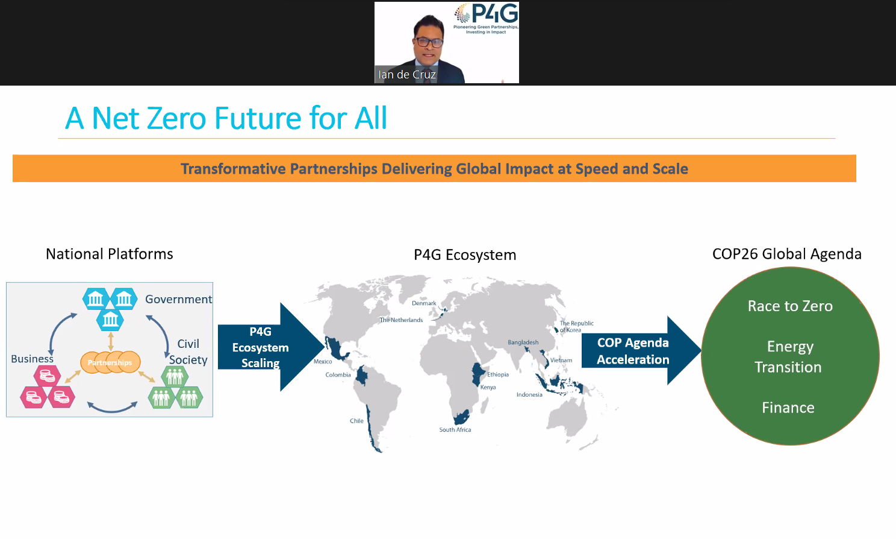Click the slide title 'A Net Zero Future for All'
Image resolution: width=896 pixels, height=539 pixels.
pos(226,118)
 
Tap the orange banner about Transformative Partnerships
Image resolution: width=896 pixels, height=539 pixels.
pos(434,169)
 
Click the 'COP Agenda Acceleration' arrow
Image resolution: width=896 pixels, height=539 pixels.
pos(633,351)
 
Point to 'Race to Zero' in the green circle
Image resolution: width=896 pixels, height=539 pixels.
pos(790,306)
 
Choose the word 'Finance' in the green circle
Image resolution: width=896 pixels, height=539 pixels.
pos(788,408)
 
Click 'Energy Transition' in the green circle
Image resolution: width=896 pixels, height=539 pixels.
pos(789,357)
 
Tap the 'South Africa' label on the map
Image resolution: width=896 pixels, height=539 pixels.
pos(455,430)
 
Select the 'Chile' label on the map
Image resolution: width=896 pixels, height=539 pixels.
pos(356,421)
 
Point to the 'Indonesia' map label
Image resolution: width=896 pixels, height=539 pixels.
pos(529,395)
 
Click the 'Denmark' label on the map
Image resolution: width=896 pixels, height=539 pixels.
pos(424,303)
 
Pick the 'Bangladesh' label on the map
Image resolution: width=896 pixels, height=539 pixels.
pos(523,342)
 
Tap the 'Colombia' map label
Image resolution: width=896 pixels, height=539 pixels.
pos(338,375)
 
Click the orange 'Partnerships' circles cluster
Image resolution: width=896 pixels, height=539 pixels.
pos(110,362)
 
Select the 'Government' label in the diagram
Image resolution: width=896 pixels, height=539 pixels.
pos(178,300)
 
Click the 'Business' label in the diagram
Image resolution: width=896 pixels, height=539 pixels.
pos(33,359)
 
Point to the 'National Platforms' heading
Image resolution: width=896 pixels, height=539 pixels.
pos(110,254)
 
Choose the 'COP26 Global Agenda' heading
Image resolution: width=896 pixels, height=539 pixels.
pos(786,254)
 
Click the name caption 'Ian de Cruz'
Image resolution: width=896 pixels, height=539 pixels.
pos(406,75)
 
